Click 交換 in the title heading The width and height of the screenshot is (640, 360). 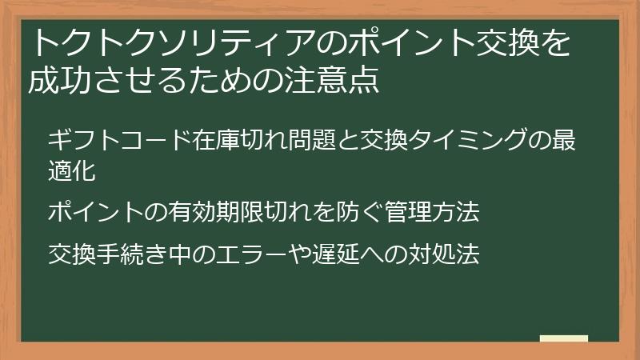[498, 44]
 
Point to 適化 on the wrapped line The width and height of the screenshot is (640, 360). [72, 170]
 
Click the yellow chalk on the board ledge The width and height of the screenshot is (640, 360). [564, 338]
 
